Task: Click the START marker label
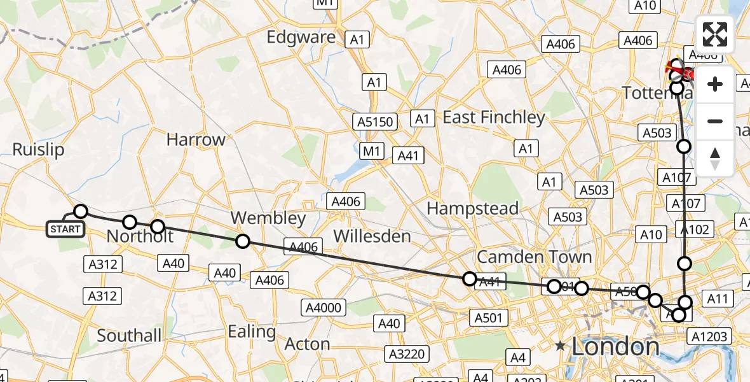(65, 229)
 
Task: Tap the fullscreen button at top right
(715, 34)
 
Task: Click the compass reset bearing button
(715, 158)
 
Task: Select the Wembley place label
(268, 218)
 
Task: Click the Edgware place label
(301, 37)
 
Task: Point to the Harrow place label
(196, 140)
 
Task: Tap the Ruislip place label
(38, 150)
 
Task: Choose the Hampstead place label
(472, 208)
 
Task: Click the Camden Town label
(534, 257)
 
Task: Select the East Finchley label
(494, 117)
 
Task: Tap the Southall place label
(129, 335)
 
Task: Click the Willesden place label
(372, 236)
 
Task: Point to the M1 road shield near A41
(372, 152)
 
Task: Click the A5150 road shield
(376, 121)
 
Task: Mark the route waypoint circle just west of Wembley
(242, 241)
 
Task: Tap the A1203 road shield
(711, 337)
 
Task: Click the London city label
(615, 347)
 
